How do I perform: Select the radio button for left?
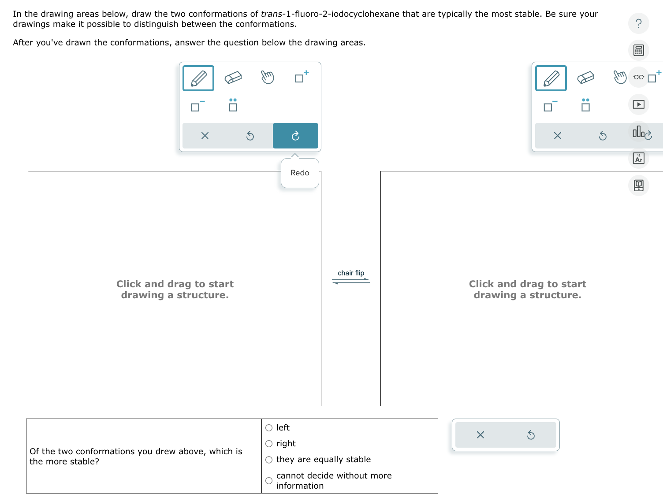coord(269,428)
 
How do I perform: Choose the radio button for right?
coord(269,444)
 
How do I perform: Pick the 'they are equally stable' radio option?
coord(269,460)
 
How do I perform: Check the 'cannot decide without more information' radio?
coord(269,481)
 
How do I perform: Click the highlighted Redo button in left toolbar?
coord(295,136)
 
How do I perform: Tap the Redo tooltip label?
coord(300,173)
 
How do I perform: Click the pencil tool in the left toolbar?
coord(198,78)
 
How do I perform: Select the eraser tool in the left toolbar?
coord(233,78)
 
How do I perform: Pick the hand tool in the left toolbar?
coord(267,78)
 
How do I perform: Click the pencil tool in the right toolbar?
coord(551,78)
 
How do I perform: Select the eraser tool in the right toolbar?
coord(585,78)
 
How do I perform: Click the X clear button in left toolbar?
coord(205,136)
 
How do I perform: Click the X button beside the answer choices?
coord(480,435)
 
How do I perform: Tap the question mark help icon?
coord(638,23)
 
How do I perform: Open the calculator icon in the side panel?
coord(638,50)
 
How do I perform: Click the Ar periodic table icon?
coord(638,158)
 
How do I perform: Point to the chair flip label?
coord(351,273)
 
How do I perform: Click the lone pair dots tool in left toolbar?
coord(233,105)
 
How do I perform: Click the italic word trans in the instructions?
coord(271,14)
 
